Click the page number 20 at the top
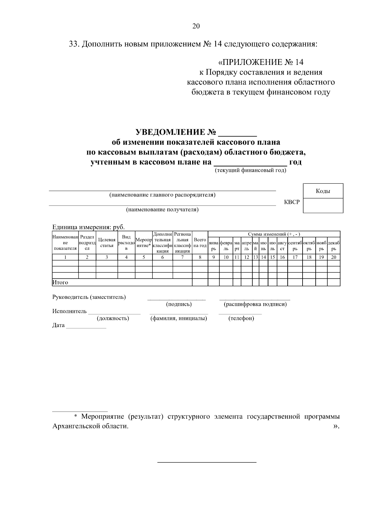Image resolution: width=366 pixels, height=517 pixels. click(x=196, y=26)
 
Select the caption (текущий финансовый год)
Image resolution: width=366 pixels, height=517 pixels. click(x=251, y=170)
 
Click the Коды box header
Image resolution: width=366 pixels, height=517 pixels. click(x=323, y=191)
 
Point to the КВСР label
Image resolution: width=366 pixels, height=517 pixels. click(x=292, y=202)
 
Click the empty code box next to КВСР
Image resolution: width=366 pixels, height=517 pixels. click(x=323, y=205)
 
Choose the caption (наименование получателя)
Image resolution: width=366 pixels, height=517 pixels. click(x=162, y=210)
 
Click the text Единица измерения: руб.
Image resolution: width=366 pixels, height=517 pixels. click(x=88, y=227)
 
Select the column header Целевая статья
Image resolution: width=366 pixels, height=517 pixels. click(x=107, y=243)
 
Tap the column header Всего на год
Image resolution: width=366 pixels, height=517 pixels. click(x=200, y=243)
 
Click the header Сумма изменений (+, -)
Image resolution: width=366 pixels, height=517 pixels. click(x=274, y=234)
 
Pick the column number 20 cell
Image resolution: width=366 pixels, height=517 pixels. click(x=334, y=257)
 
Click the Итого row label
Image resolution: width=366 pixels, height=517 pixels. click(x=60, y=282)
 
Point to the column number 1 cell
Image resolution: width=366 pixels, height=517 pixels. click(x=65, y=257)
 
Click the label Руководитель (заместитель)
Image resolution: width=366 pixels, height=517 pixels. click(x=89, y=297)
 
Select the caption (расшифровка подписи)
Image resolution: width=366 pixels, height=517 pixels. click(x=255, y=304)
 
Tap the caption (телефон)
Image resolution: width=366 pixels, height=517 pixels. click(x=241, y=318)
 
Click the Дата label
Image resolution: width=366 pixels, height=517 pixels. click(x=58, y=325)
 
